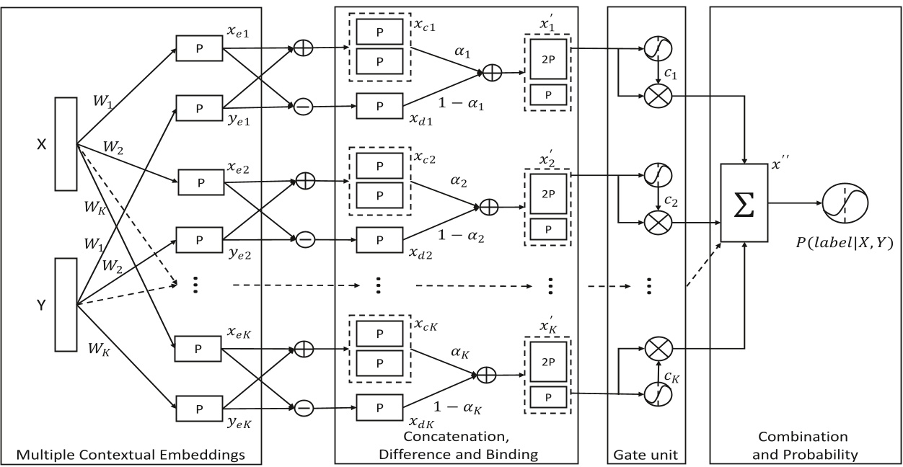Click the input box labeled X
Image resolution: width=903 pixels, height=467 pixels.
click(66, 145)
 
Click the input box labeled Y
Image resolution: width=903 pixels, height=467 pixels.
click(66, 306)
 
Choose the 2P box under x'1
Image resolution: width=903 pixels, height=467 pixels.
click(548, 58)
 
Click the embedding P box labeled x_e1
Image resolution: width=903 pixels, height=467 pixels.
click(199, 50)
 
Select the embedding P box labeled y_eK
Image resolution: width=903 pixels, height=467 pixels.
click(199, 408)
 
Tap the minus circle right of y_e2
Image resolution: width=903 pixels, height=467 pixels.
click(304, 237)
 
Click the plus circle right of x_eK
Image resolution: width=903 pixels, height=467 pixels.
click(304, 350)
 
